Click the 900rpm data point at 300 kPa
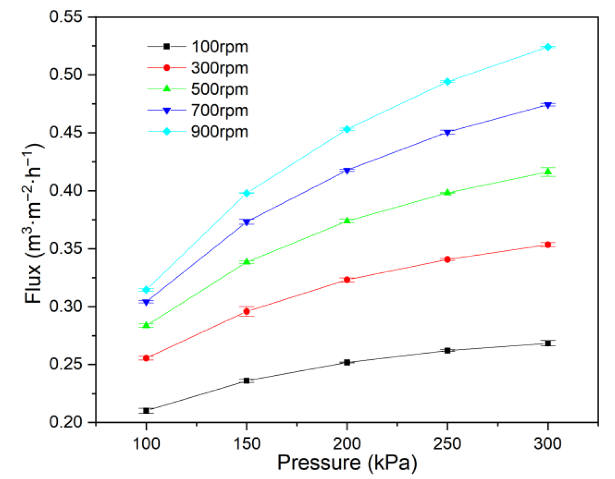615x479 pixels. coord(548,47)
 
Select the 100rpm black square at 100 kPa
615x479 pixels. coord(146,411)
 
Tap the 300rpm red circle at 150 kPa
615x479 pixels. coord(247,311)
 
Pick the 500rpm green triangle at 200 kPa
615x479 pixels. coord(347,221)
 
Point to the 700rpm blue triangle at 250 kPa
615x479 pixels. coord(447,133)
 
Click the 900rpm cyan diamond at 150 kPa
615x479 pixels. coord(247,193)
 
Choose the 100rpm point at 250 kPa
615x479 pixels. coord(447,350)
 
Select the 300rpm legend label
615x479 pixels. coord(219,68)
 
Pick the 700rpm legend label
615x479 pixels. coord(219,111)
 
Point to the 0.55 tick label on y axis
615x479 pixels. coord(66,17)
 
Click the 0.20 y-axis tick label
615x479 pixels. coord(66,422)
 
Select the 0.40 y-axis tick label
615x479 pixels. coord(66,190)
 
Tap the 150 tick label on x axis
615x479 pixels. coord(247,443)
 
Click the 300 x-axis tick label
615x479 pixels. coord(548,443)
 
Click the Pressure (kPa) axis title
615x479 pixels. coord(347,463)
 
